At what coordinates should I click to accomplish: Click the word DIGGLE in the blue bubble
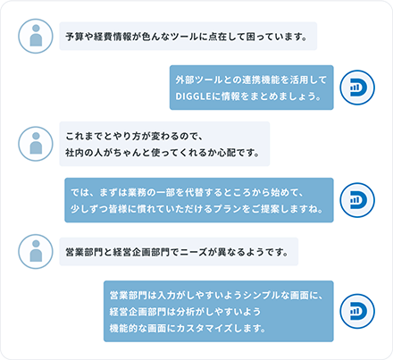click(x=193, y=96)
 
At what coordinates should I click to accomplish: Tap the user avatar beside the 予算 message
click(x=36, y=37)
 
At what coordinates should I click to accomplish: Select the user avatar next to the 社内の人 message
click(x=36, y=144)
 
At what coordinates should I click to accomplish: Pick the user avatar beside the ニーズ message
click(x=36, y=252)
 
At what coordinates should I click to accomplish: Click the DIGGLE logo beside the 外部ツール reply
click(x=357, y=88)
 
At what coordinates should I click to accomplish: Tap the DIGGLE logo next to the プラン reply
click(x=357, y=200)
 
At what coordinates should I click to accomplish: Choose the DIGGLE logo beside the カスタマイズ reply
click(x=357, y=311)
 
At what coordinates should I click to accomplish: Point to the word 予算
click(x=75, y=37)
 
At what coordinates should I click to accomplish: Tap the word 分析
click(x=186, y=312)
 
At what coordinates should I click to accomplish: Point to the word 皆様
click(x=118, y=209)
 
